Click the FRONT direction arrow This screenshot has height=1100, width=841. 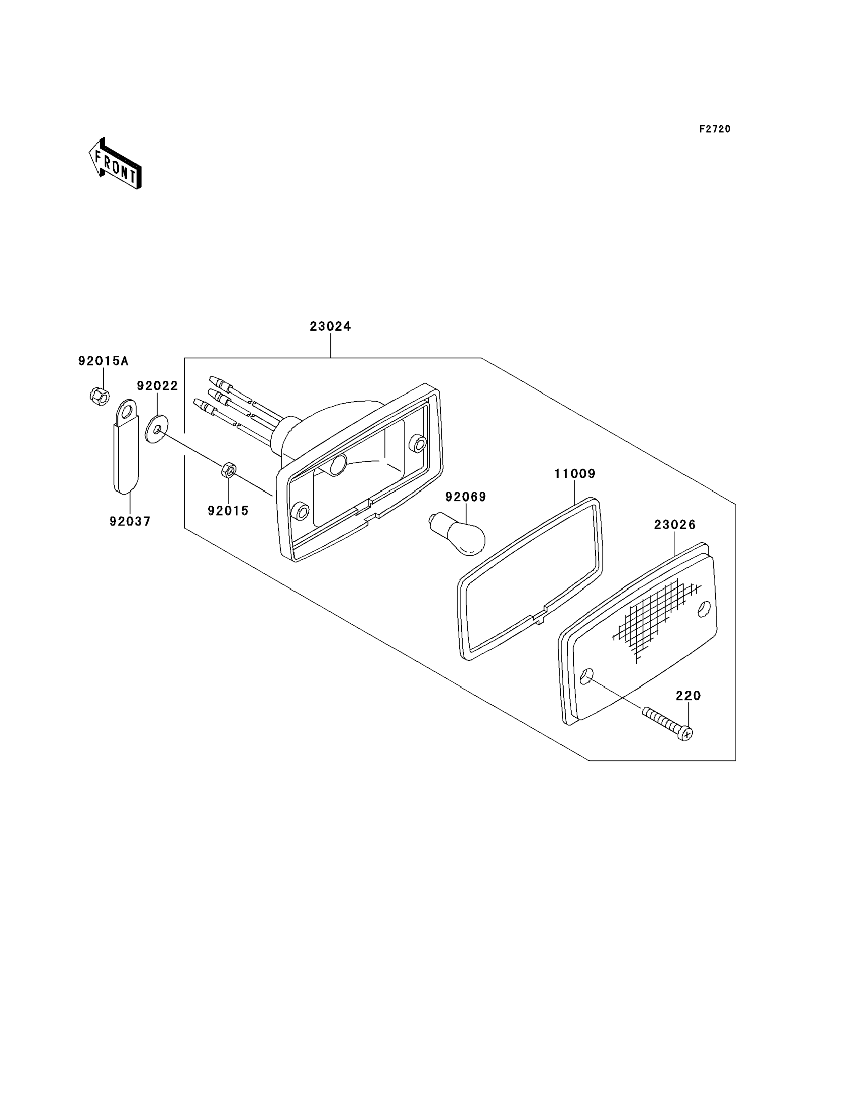(115, 164)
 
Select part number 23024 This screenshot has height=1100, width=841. (330, 327)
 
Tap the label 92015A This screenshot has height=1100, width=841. (103, 361)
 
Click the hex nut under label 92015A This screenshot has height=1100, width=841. (99, 396)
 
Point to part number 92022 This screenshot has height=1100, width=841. (158, 386)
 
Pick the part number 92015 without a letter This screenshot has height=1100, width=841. (228, 511)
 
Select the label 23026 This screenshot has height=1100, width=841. (675, 525)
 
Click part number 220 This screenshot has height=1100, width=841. (688, 696)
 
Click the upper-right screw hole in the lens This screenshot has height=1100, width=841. (704, 609)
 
